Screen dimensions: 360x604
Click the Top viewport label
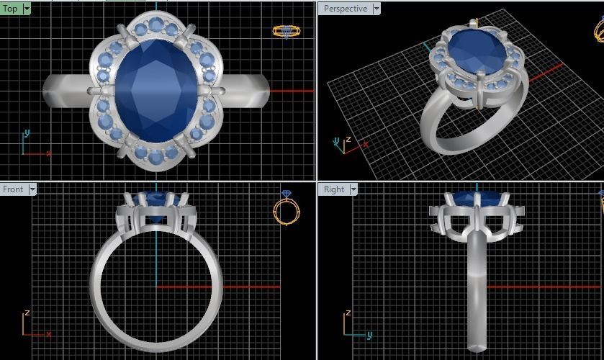10,9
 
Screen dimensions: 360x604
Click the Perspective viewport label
345,9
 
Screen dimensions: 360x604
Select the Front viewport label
13,189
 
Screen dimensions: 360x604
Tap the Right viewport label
334,189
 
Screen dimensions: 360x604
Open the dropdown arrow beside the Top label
27,9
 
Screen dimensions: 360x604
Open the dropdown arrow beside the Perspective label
376,9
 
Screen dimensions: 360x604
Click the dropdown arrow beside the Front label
32,189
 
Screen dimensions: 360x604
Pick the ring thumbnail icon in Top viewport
287,31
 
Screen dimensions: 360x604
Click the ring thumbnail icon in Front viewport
287,209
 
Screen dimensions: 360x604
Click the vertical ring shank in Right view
476,288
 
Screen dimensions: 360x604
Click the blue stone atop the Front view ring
156,197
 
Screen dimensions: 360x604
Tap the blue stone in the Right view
476,197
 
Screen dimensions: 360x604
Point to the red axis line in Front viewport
230,287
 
